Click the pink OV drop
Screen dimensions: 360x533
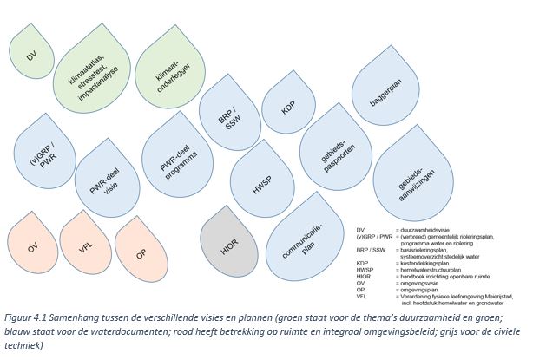(32, 250)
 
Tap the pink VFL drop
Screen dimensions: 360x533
(85, 251)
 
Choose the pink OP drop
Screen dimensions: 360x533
(139, 251)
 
